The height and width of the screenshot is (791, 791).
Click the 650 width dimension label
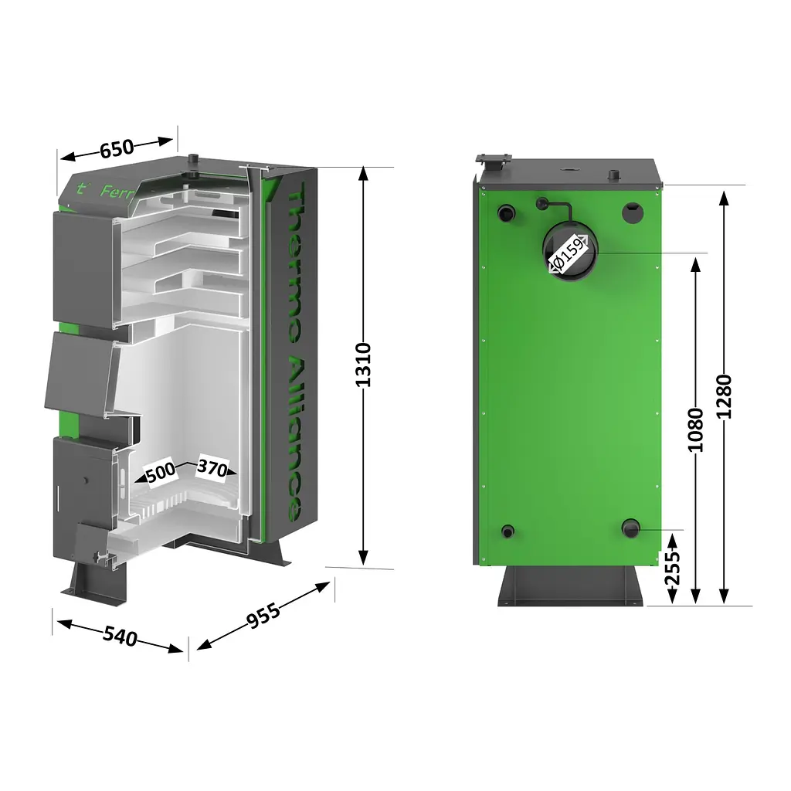[117, 148]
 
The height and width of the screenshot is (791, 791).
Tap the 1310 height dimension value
[363, 365]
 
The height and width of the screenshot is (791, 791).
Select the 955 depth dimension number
[263, 616]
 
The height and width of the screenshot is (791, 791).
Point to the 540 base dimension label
[120, 637]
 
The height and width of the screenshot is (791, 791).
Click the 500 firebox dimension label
[161, 472]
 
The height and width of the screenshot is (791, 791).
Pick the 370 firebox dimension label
[212, 468]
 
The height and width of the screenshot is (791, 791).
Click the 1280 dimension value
[723, 396]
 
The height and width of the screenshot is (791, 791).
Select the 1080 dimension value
[695, 429]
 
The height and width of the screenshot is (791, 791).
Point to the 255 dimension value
[673, 568]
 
